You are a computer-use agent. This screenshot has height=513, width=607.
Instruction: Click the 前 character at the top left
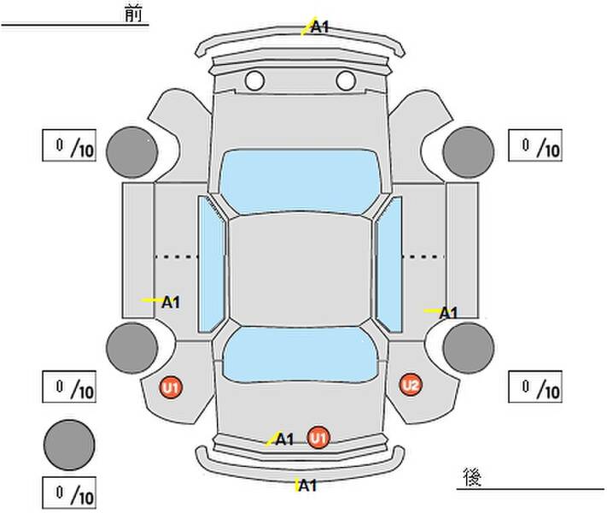(x=133, y=14)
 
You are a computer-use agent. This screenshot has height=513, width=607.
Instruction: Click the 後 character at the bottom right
(x=472, y=476)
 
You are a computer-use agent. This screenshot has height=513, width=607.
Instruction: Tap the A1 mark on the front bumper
(x=320, y=27)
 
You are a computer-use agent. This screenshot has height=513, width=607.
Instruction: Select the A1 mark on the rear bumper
(x=307, y=485)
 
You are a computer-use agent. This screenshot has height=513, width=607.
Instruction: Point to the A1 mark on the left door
(x=171, y=302)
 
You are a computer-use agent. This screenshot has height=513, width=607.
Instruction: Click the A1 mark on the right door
(x=448, y=313)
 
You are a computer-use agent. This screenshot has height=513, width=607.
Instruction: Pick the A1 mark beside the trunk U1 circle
(x=284, y=439)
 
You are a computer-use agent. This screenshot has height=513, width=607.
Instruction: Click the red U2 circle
(x=411, y=385)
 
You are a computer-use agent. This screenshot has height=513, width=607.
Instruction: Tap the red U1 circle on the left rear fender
(x=171, y=387)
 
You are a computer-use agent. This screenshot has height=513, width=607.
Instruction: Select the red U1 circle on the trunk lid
(x=318, y=438)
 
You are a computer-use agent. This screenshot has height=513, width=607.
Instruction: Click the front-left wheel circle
(x=132, y=152)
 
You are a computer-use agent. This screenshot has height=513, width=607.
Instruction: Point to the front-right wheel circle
(x=469, y=152)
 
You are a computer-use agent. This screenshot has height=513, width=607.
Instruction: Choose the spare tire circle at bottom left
(x=69, y=445)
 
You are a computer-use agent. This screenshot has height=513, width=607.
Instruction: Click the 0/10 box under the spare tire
(x=69, y=492)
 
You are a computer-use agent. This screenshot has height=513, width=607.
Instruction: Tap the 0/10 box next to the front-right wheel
(x=535, y=145)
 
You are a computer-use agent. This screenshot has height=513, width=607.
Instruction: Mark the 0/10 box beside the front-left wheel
(x=69, y=145)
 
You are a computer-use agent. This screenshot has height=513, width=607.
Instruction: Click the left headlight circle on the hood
(x=254, y=80)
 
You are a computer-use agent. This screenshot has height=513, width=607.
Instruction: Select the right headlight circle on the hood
(x=346, y=80)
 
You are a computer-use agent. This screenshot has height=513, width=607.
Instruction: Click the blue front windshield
(x=300, y=182)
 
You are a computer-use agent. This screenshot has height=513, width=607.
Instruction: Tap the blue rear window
(x=300, y=355)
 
